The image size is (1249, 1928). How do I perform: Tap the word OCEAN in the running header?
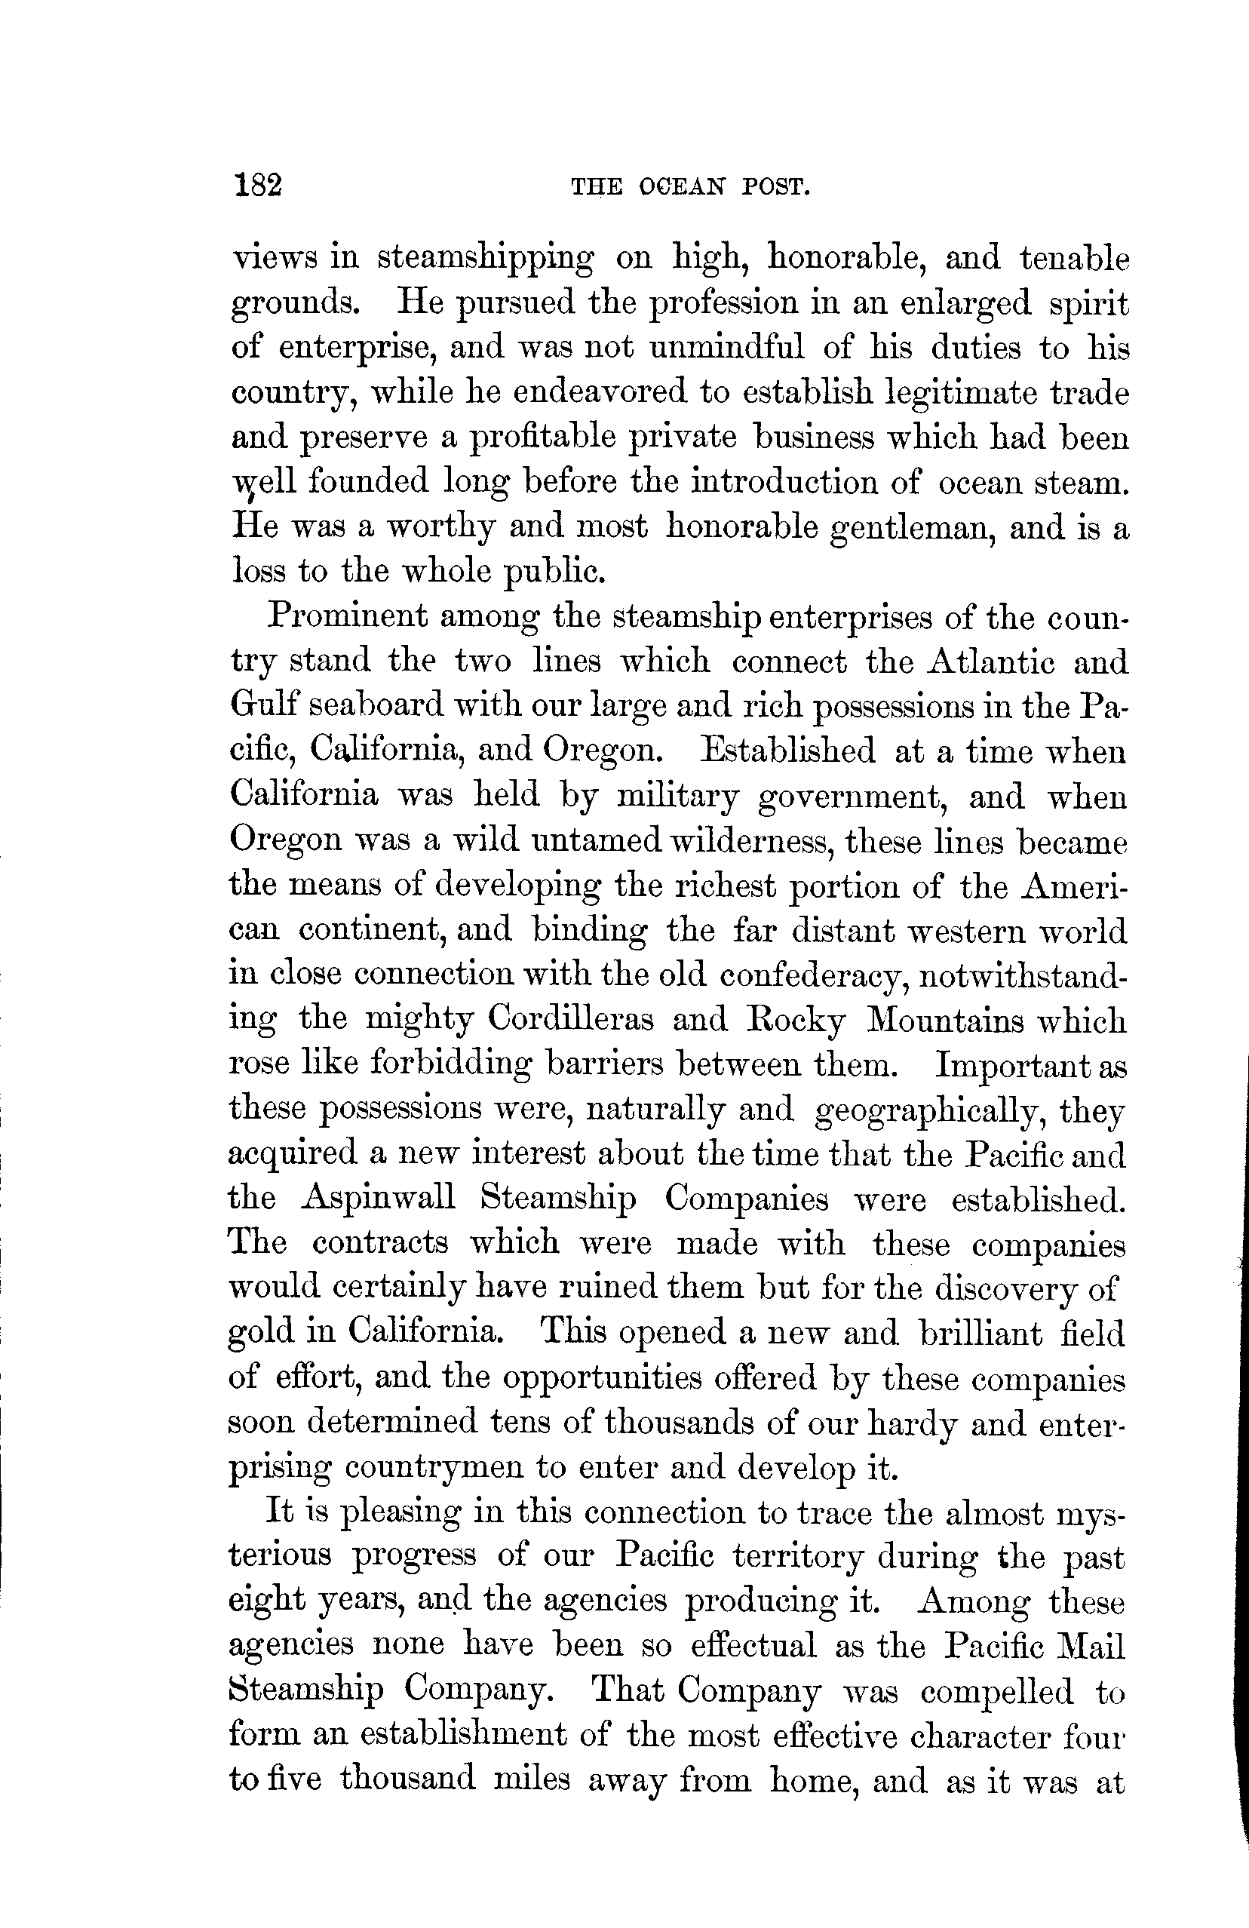tap(682, 188)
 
